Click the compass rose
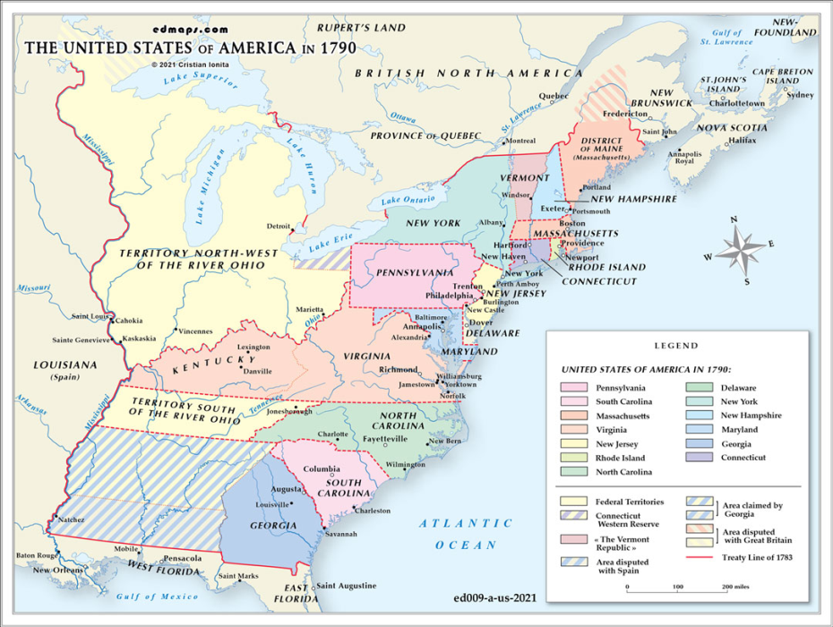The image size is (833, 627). [x=740, y=248]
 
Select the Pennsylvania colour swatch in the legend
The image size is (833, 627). [x=573, y=388]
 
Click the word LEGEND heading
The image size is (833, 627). [x=676, y=346]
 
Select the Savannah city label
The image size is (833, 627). [x=340, y=534]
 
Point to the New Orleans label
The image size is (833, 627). [x=58, y=570]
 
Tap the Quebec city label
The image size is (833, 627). [x=553, y=96]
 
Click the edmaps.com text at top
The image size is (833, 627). [x=188, y=29]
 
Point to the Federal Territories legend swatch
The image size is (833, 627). [x=573, y=502]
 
